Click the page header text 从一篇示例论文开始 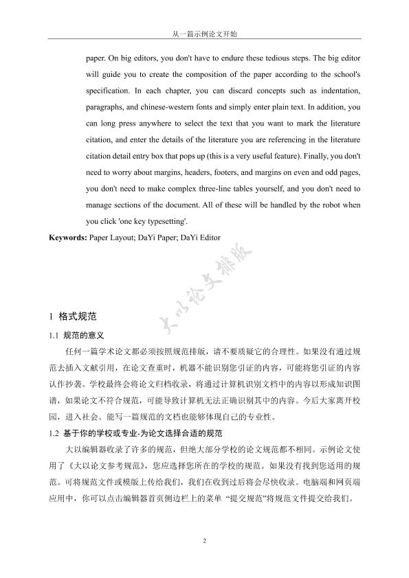[204, 32]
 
